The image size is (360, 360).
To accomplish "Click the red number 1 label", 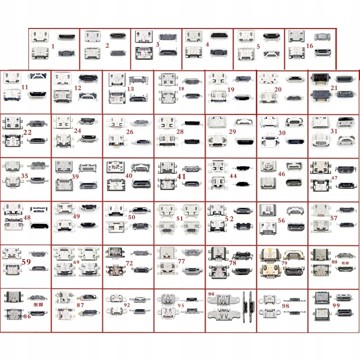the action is (x=53, y=46).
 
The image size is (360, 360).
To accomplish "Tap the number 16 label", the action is (x=309, y=46).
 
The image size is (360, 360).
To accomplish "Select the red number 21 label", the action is (x=334, y=88).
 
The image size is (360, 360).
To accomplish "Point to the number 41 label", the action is (x=181, y=176).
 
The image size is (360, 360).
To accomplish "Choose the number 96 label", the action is (x=211, y=294).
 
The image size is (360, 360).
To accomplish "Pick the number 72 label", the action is (x=129, y=263).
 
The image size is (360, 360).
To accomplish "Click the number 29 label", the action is (x=232, y=132).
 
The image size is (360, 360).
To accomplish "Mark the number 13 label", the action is (x=130, y=89).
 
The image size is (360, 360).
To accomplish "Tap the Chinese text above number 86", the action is (x=38, y=305).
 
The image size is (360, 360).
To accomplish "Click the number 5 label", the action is (x=258, y=46).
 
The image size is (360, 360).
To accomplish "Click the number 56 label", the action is (x=281, y=220).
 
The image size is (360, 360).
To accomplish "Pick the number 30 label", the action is (x=282, y=133).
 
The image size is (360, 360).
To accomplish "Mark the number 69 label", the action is (x=76, y=262).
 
